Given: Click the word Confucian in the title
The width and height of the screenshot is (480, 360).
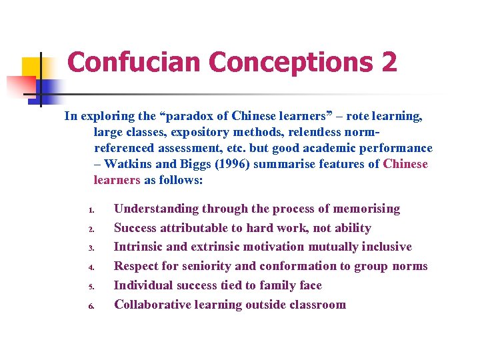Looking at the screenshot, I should click(134, 63).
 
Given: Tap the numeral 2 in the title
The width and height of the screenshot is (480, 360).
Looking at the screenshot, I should click(389, 63).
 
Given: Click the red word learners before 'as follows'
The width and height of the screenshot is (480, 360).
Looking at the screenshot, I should click(117, 180).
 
